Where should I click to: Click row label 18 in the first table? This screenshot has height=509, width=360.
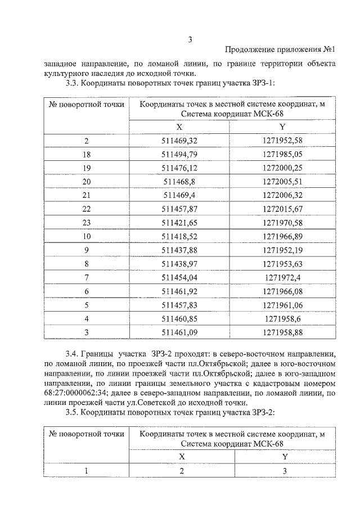[87, 154]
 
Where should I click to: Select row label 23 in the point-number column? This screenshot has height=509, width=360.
[87, 222]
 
